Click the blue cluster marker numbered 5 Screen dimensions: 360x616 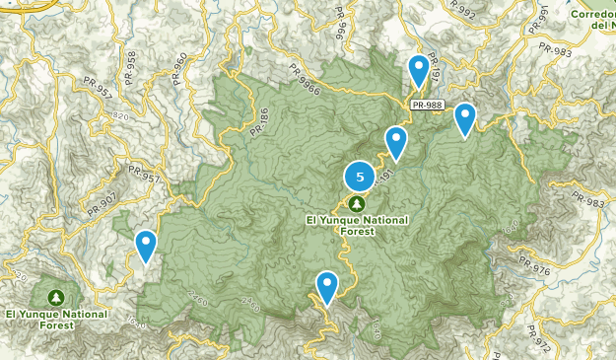tap(360, 178)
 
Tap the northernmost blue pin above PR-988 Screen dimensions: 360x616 tap(419, 70)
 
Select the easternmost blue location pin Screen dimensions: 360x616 tap(464, 118)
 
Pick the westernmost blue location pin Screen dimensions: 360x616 tap(146, 245)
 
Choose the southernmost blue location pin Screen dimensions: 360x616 tap(327, 287)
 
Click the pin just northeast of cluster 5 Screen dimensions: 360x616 tap(396, 141)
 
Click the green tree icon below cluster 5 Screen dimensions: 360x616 tap(356, 202)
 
